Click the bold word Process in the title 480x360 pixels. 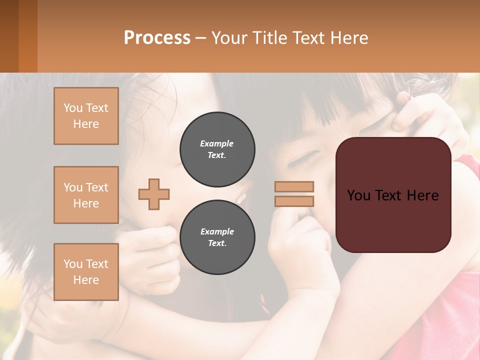[157, 38]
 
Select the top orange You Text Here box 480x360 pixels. [86, 116]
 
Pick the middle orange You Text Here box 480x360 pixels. [86, 195]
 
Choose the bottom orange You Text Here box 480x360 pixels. [86, 272]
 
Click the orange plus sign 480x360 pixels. [154, 194]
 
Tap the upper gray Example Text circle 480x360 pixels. [217, 149]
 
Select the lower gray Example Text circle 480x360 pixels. [217, 237]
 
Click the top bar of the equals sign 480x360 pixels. [294, 186]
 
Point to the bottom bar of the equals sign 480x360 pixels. [294, 201]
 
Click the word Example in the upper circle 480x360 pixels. [217, 143]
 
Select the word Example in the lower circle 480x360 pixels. [217, 231]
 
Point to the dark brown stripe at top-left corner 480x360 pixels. [9, 36]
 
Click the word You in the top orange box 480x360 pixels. [72, 108]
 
